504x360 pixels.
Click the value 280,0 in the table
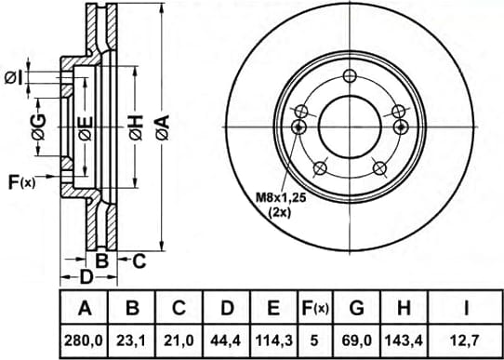pyautogui.click(x=84, y=340)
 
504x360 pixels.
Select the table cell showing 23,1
pyautogui.click(x=132, y=340)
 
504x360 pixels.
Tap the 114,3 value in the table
pyautogui.click(x=273, y=340)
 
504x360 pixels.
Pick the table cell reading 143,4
pyautogui.click(x=404, y=340)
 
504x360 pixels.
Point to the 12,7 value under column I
pyautogui.click(x=466, y=340)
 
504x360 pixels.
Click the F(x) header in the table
pyautogui.click(x=315, y=308)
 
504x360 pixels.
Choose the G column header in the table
pyautogui.click(x=356, y=308)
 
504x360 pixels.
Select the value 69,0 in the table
pyautogui.click(x=356, y=340)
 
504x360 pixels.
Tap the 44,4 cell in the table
pyautogui.click(x=227, y=340)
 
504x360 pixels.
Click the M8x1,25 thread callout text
pyautogui.click(x=281, y=198)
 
